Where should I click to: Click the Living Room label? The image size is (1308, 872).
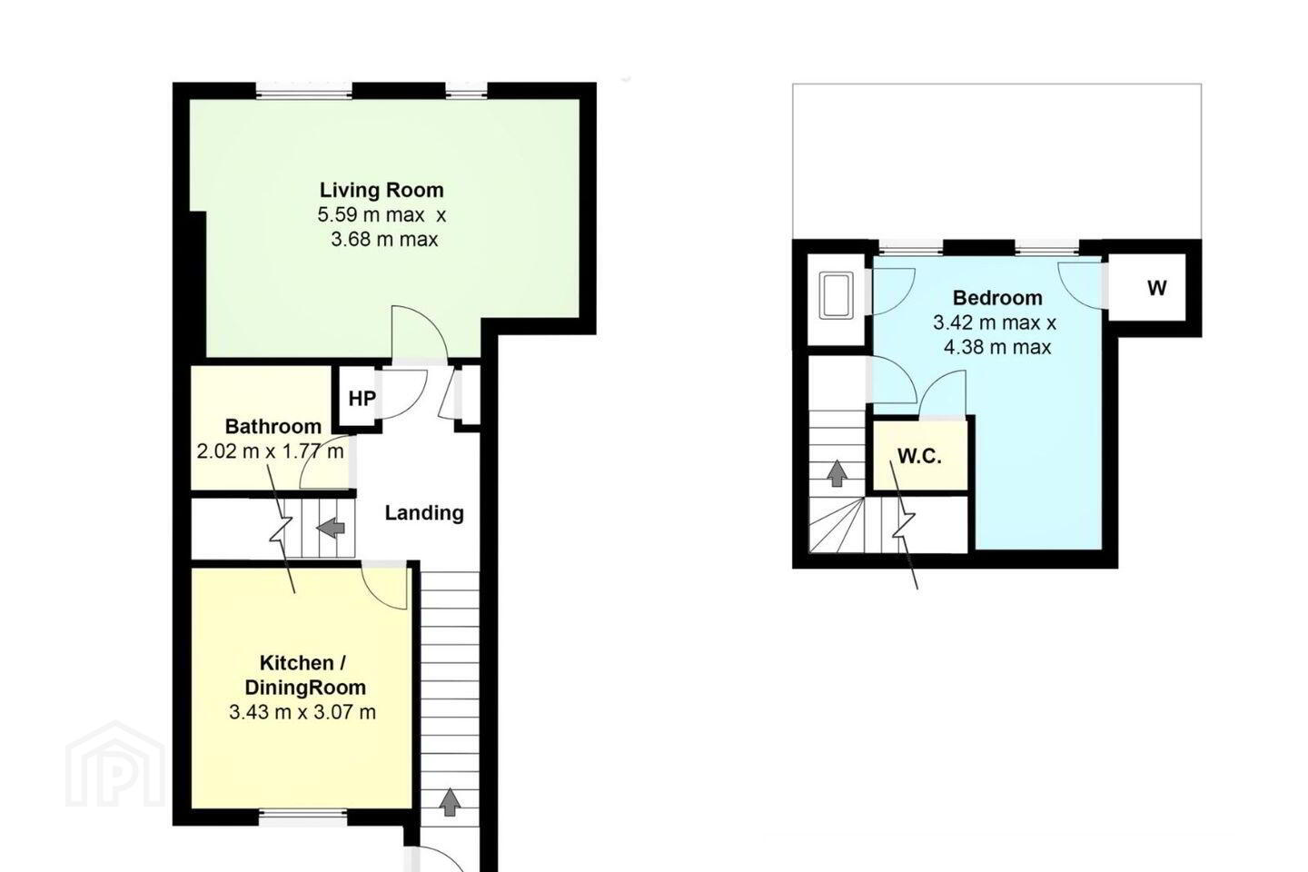click(381, 191)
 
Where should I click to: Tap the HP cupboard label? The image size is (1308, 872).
click(362, 399)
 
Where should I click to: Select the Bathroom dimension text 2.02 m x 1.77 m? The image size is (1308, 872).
click(271, 451)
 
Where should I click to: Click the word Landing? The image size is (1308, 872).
click(424, 513)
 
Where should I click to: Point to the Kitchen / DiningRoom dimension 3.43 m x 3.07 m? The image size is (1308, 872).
click(302, 712)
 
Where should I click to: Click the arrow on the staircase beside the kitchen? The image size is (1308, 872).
click(450, 802)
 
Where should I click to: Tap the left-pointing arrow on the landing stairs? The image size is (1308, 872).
click(331, 528)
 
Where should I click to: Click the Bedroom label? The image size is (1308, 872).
click(997, 298)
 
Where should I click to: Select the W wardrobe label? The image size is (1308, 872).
click(1157, 288)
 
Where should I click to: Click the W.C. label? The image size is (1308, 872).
click(919, 457)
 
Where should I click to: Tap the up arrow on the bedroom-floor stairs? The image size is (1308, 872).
click(837, 473)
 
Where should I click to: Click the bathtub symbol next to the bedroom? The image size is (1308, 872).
click(837, 295)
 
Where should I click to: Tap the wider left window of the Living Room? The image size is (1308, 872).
click(304, 92)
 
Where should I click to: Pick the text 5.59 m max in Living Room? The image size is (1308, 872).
click(371, 215)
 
